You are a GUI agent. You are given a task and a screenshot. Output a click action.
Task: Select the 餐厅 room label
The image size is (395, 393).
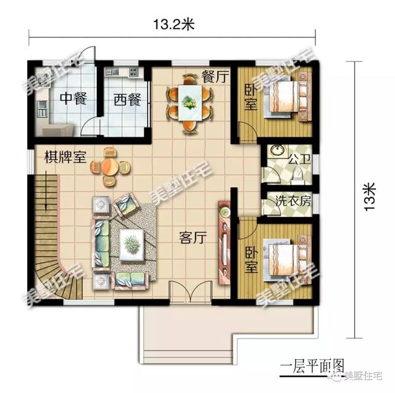(215, 77)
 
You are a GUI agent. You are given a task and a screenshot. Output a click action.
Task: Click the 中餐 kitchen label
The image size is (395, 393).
(72, 99)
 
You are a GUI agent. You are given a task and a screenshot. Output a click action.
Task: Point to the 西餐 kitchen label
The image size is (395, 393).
(127, 99)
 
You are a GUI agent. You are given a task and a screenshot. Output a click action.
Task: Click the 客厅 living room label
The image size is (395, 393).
(192, 237)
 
